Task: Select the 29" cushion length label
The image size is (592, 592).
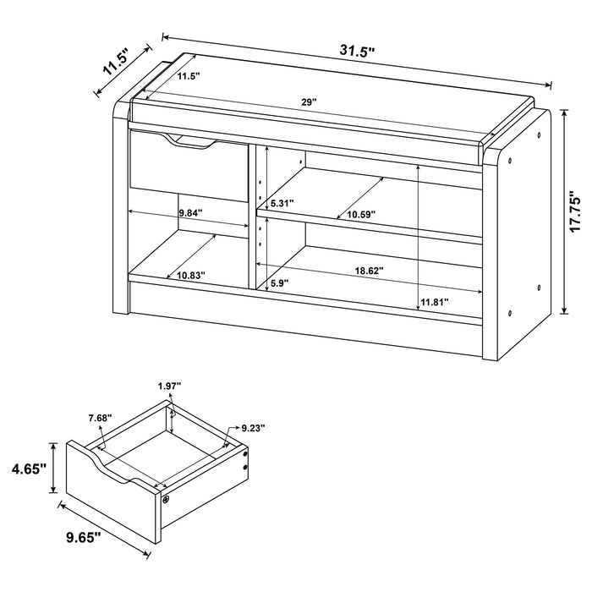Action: pos(309,102)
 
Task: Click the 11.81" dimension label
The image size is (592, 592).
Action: pos(434,302)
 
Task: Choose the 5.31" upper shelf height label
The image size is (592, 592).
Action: pos(282,204)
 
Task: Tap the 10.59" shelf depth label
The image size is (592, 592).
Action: pos(360,216)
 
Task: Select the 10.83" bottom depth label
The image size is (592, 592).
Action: pos(190,275)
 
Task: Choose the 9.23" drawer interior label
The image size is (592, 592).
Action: pos(252,428)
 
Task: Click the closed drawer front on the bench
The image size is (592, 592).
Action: pos(187,169)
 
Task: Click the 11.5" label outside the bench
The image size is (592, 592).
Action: pos(114,63)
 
